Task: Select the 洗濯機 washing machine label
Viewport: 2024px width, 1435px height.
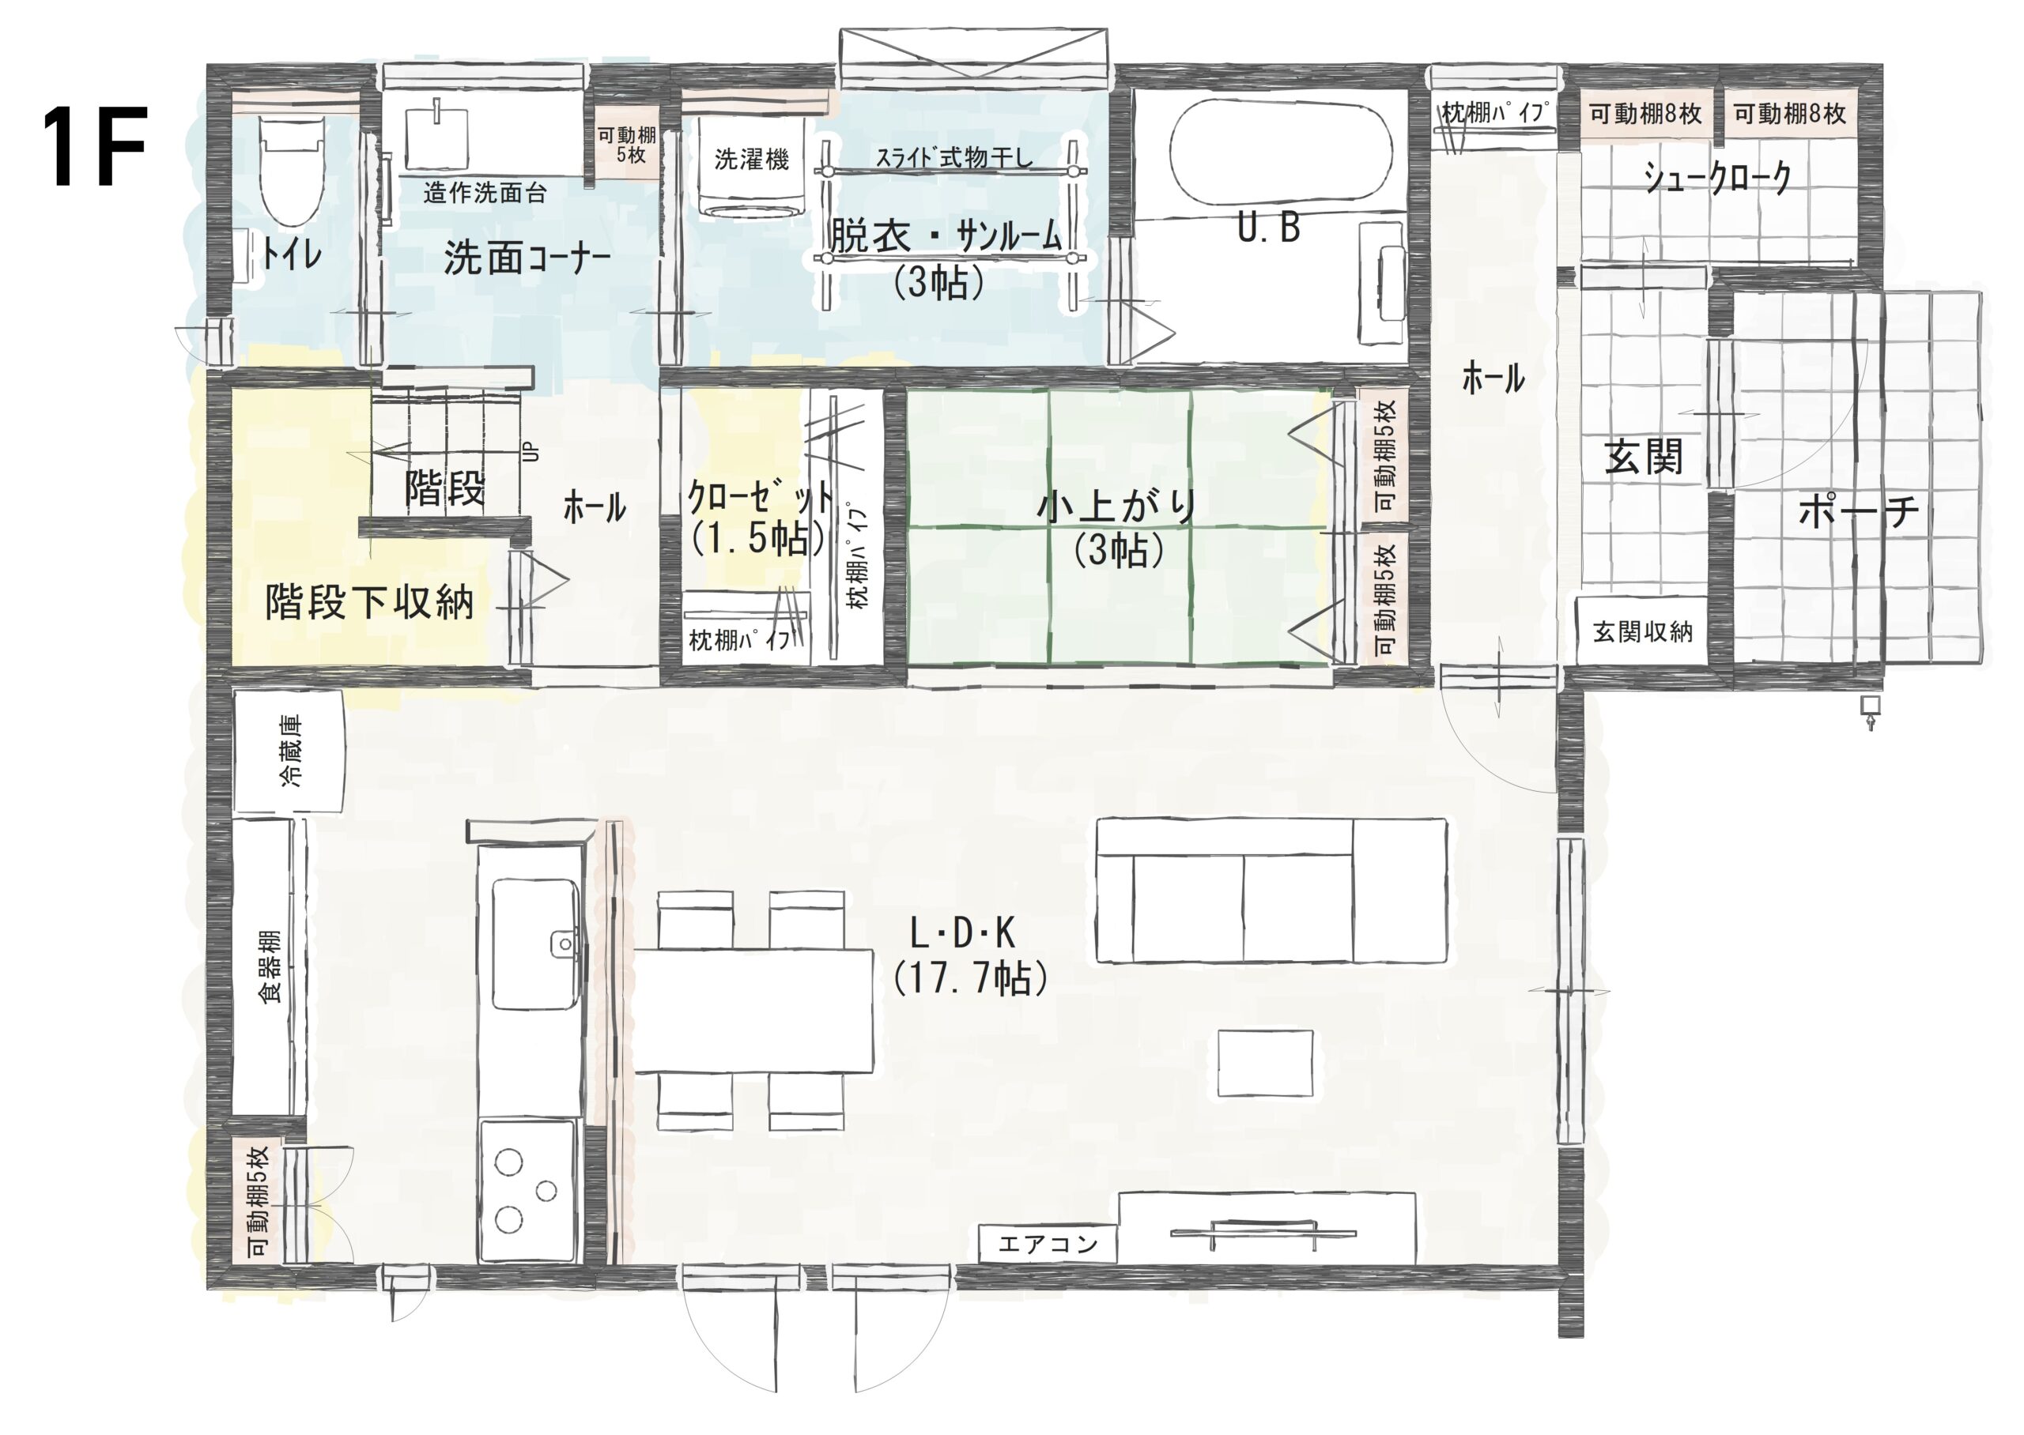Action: pyautogui.click(x=751, y=159)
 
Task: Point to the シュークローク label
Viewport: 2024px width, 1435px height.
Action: pyautogui.click(x=1717, y=178)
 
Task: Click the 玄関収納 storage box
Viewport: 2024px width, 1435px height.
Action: pyautogui.click(x=1642, y=631)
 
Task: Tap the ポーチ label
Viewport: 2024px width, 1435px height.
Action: pyautogui.click(x=1858, y=510)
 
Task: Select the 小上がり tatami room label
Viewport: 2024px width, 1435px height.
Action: pyautogui.click(x=1117, y=507)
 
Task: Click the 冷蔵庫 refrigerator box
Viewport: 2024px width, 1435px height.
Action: pyautogui.click(x=289, y=751)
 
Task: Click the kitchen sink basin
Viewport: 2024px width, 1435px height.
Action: pyautogui.click(x=535, y=943)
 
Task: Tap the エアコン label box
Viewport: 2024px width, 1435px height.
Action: pyautogui.click(x=1048, y=1244)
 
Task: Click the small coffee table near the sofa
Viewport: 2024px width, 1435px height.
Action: pyautogui.click(x=1266, y=1064)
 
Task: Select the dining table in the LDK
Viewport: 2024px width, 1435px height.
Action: pyautogui.click(x=754, y=1011)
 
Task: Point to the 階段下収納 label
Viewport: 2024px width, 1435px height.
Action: pyautogui.click(x=369, y=603)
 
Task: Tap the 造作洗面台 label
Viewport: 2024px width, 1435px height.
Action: pyautogui.click(x=485, y=192)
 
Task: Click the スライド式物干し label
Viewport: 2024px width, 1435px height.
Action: pyautogui.click(x=953, y=157)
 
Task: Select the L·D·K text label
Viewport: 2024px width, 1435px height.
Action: pyautogui.click(x=961, y=933)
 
